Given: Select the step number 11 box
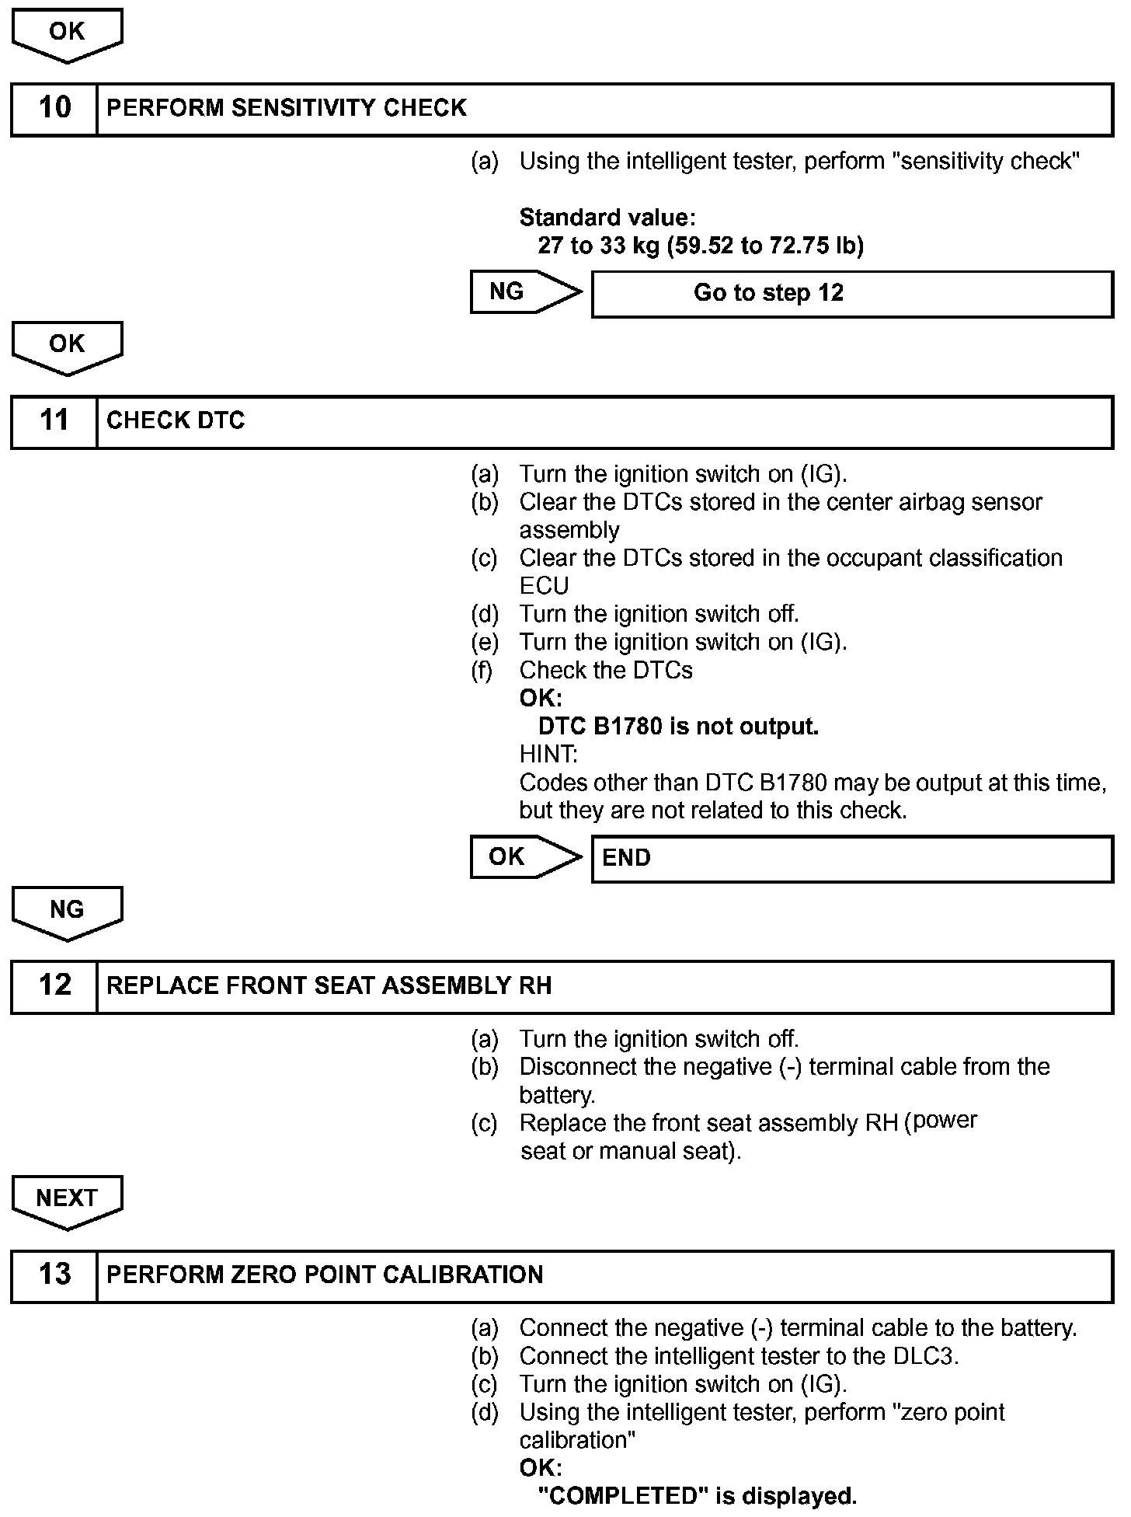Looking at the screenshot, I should tap(54, 421).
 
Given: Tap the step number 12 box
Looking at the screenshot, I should tap(54, 986).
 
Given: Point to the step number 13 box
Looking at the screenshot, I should tap(54, 1275).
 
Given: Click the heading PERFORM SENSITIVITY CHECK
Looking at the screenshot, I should tap(287, 108).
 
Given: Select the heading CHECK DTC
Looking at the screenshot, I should tap(176, 421).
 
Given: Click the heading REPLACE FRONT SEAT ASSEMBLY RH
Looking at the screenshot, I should tap(329, 986).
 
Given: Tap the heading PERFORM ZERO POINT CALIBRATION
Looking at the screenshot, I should tap(325, 1275).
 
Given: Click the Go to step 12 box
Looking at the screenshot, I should tap(852, 294).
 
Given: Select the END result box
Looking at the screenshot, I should tap(852, 859).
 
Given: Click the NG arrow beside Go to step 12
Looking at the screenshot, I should tap(525, 292).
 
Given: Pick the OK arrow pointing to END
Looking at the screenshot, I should tap(525, 857).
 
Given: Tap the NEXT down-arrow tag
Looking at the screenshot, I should tap(67, 1199).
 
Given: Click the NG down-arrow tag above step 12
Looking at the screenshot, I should tap(67, 910).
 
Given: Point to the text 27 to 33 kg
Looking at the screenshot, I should tap(598, 246).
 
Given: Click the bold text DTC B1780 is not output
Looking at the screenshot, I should tap(678, 727).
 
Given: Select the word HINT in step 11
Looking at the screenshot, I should tap(547, 755).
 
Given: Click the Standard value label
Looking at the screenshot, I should tap(607, 218).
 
